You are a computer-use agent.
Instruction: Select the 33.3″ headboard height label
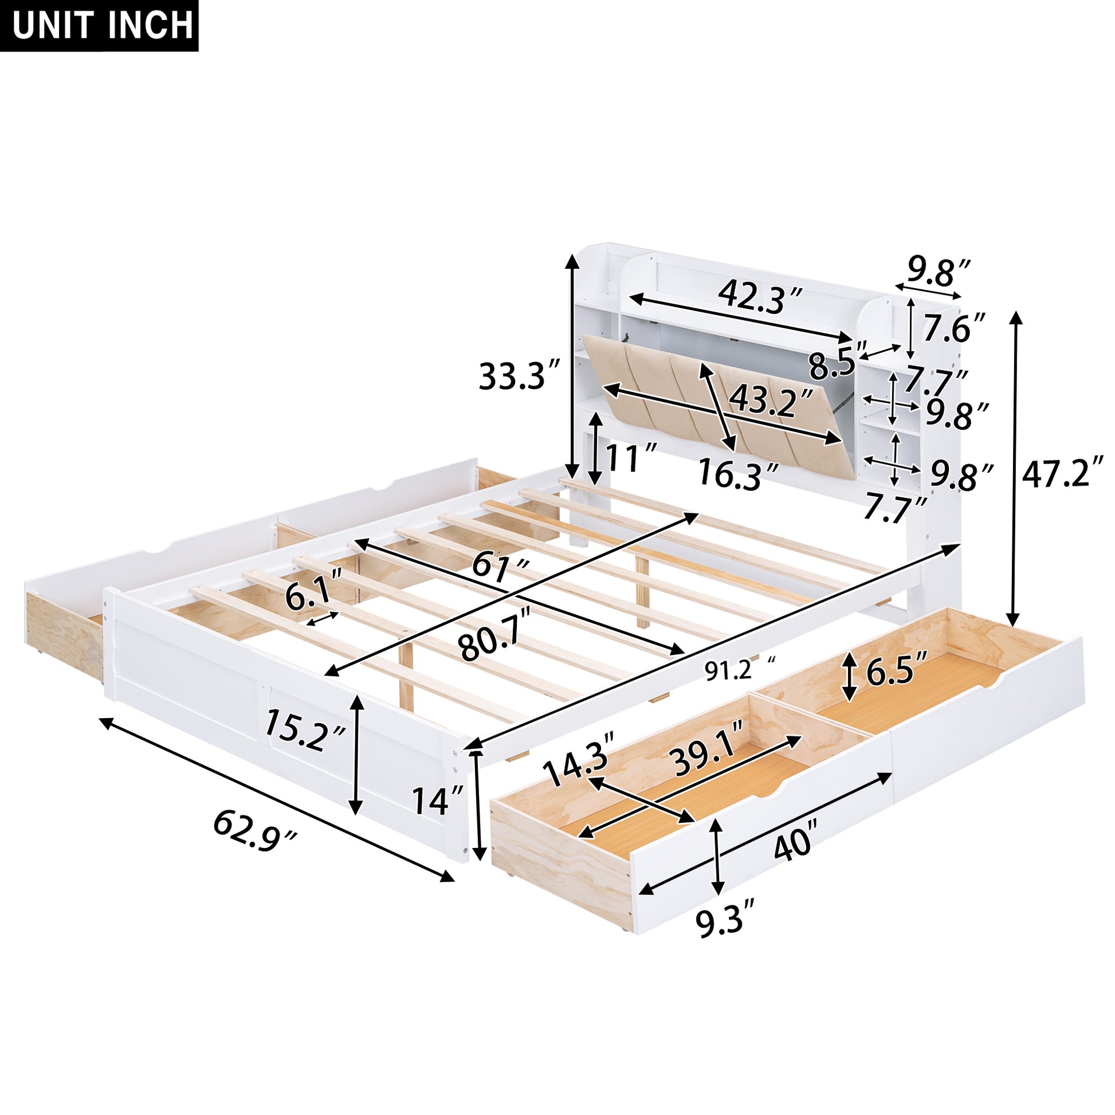tap(520, 376)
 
